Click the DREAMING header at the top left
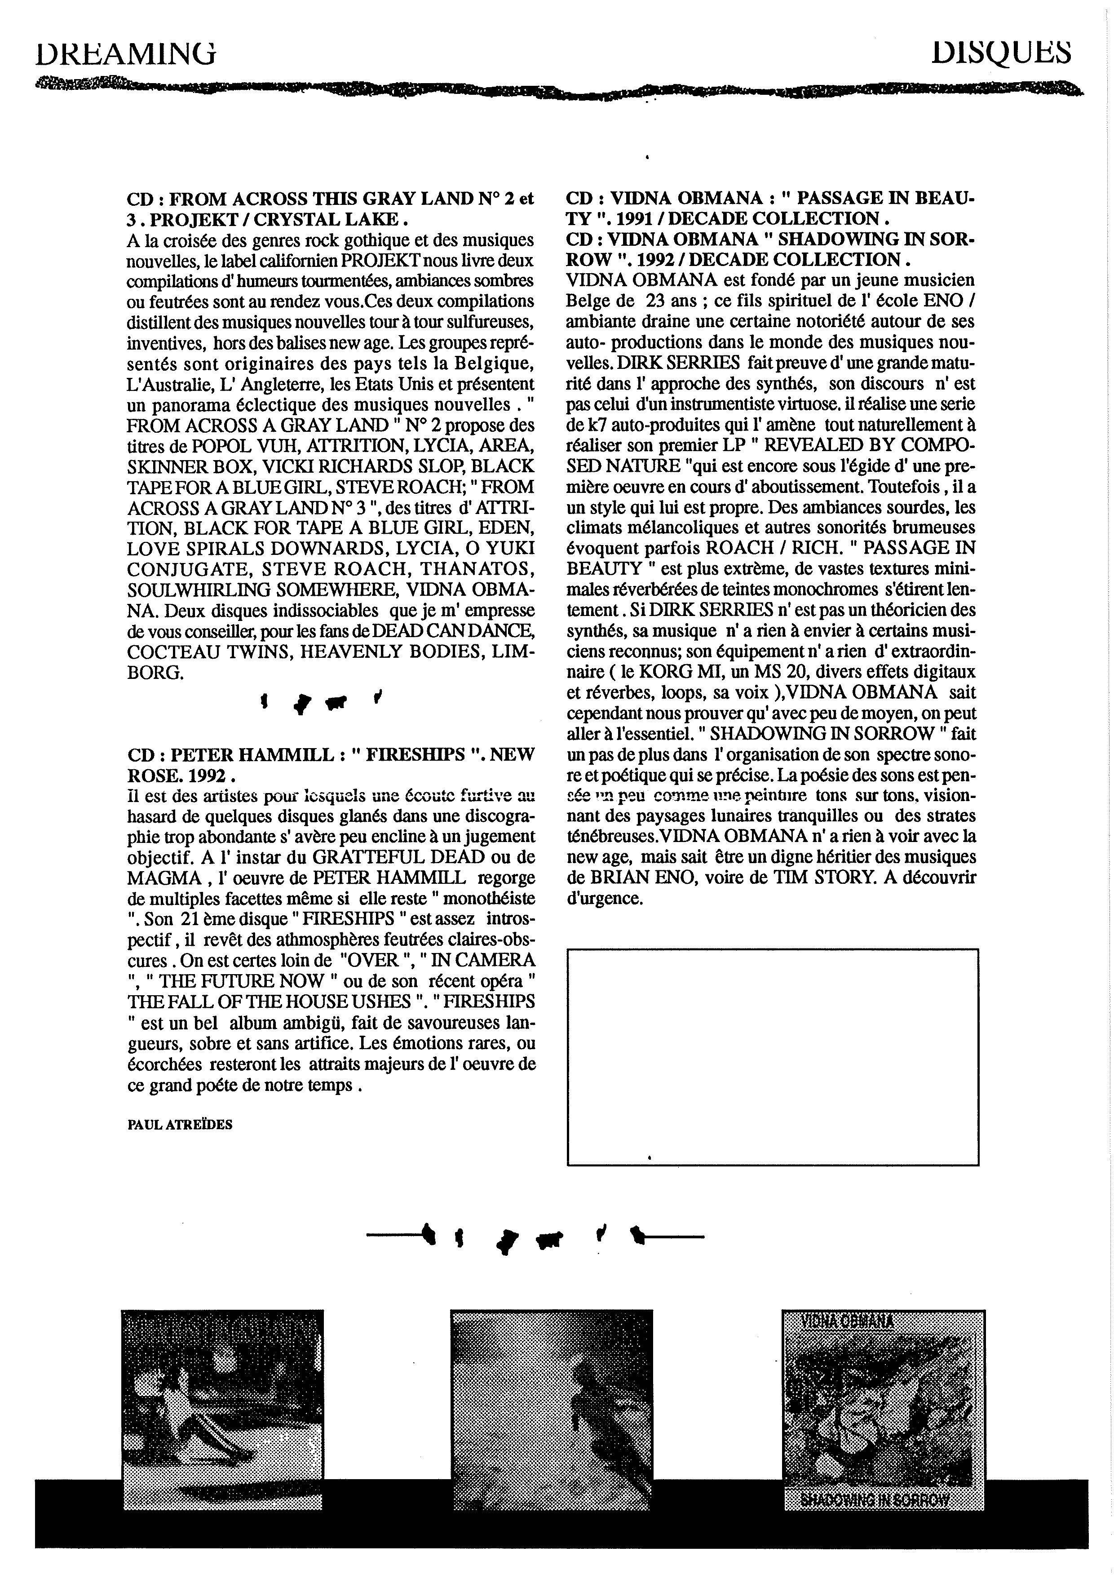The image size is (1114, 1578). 126,53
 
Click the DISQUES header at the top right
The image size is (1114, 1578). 1001,52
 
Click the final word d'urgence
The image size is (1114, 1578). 605,898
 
